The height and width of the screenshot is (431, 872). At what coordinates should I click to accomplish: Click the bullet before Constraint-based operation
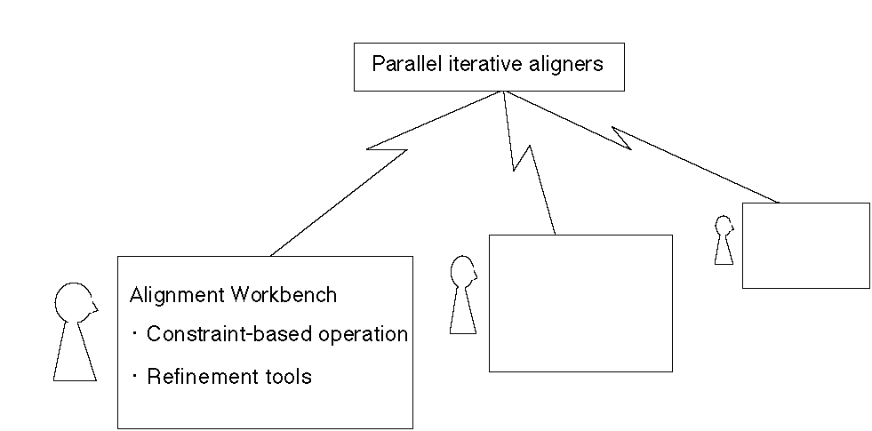point(134,334)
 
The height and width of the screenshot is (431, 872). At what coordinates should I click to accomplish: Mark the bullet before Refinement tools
point(134,376)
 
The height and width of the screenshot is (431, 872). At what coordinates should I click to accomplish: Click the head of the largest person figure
point(74,302)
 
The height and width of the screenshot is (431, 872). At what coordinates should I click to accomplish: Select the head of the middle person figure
point(461,271)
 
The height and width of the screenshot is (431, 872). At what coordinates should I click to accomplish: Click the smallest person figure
point(724,240)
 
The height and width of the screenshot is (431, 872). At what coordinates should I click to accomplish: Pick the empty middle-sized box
point(580,302)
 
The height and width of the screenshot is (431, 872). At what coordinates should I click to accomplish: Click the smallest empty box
point(805,245)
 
